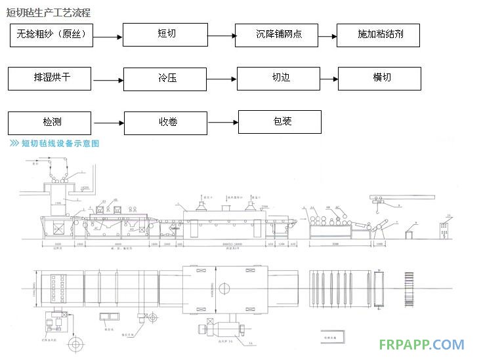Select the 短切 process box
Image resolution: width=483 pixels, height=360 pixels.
[165, 34]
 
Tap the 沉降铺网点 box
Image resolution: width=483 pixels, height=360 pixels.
[278, 35]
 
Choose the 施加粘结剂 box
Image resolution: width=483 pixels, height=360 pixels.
[379, 35]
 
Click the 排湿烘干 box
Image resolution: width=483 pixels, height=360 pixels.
[49, 78]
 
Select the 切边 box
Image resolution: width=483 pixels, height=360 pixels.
[278, 78]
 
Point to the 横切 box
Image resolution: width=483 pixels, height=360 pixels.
[379, 78]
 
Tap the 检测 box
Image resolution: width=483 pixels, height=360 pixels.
[49, 122]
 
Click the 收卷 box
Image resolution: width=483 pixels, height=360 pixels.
[165, 122]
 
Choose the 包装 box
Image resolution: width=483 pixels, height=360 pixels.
[280, 122]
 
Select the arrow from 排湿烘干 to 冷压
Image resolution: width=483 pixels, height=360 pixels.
[108, 81]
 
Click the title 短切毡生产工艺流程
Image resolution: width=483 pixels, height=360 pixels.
[49, 12]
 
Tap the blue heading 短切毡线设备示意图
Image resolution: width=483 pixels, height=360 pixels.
[59, 144]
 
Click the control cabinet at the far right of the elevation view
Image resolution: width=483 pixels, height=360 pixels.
[444, 233]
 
